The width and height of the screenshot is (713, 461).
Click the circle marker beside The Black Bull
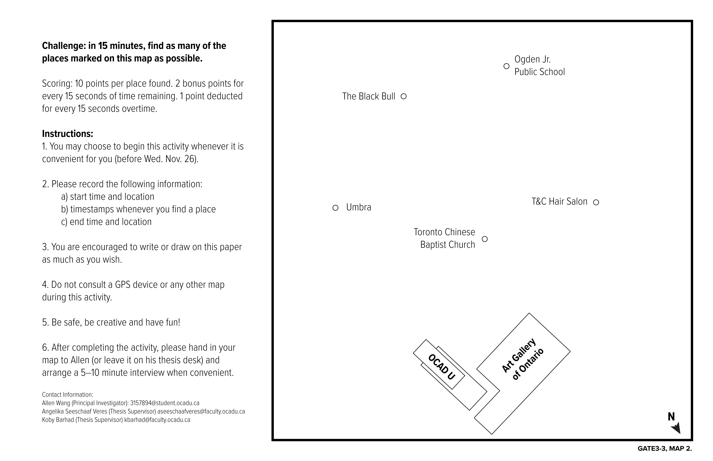click(403, 96)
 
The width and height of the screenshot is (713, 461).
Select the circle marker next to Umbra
click(335, 208)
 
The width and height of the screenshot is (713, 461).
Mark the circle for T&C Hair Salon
click(596, 202)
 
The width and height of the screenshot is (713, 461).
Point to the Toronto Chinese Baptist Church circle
click(484, 239)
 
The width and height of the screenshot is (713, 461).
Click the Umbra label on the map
click(358, 207)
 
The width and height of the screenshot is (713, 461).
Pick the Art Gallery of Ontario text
click(522, 359)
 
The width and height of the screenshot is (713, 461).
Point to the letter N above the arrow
click(671, 416)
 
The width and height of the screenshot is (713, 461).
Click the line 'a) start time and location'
click(107, 197)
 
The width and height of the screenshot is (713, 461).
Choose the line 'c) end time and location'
click(106, 222)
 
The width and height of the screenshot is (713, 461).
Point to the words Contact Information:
click(67, 395)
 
